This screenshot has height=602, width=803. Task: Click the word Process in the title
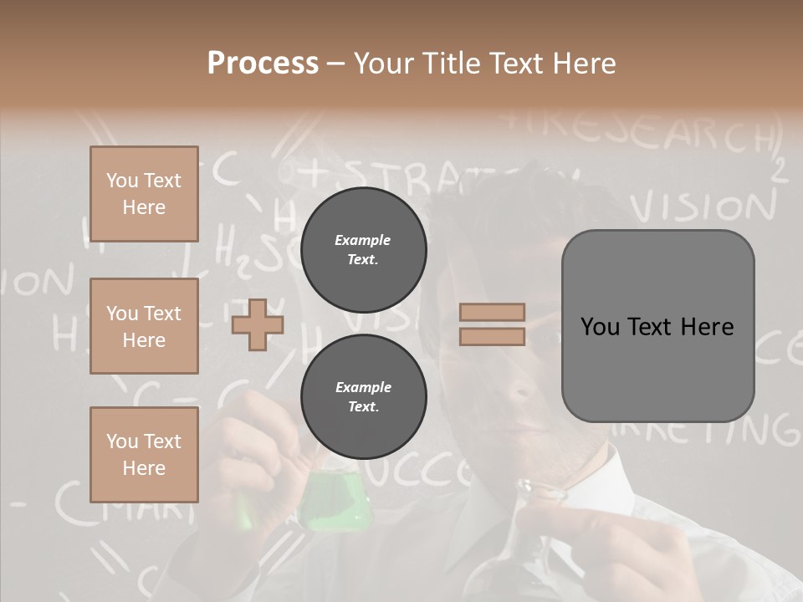pyautogui.click(x=263, y=64)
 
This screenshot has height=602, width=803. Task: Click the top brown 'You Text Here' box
pyautogui.click(x=144, y=194)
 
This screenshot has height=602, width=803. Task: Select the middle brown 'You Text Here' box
pyautogui.click(x=144, y=326)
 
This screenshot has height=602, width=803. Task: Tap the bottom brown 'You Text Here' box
pyautogui.click(x=144, y=455)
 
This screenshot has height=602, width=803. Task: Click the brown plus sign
pyautogui.click(x=258, y=324)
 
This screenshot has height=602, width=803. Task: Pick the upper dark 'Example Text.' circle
pyautogui.click(x=363, y=249)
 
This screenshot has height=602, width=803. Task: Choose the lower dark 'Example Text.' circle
pyautogui.click(x=363, y=396)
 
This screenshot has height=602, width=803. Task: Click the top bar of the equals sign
pyautogui.click(x=493, y=312)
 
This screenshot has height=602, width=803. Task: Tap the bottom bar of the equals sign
pyautogui.click(x=493, y=336)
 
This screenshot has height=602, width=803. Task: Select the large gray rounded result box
pyautogui.click(x=657, y=326)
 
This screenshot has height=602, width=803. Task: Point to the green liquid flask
pyautogui.click(x=335, y=502)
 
